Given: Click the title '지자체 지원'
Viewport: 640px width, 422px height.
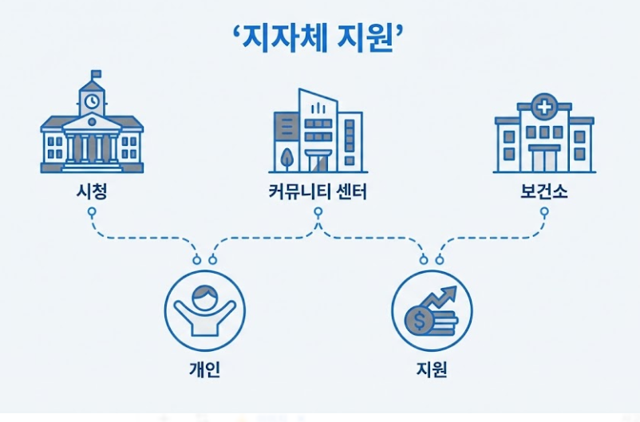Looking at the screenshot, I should pyautogui.click(x=320, y=38).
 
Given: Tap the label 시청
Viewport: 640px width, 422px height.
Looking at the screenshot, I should pyautogui.click(x=92, y=191).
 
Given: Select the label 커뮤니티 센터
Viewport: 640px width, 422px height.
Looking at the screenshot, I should pyautogui.click(x=318, y=191).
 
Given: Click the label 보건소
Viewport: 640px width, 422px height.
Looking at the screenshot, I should pyautogui.click(x=543, y=191).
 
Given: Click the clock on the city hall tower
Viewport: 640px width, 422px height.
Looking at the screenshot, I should pyautogui.click(x=92, y=101).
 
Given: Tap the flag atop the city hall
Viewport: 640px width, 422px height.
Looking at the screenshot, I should pyautogui.click(x=97, y=75).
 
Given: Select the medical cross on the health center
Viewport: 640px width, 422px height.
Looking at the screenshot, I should pyautogui.click(x=543, y=107).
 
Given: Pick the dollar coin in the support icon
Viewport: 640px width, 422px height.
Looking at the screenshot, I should pyautogui.click(x=418, y=321).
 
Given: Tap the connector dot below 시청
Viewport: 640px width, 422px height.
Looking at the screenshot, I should pyautogui.click(x=92, y=212).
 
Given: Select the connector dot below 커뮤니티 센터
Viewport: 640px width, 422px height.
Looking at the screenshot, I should pyautogui.click(x=318, y=212).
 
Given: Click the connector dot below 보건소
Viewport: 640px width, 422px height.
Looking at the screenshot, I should pyautogui.click(x=543, y=212).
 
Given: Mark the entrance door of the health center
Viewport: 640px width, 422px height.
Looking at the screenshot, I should pyautogui.click(x=543, y=158).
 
